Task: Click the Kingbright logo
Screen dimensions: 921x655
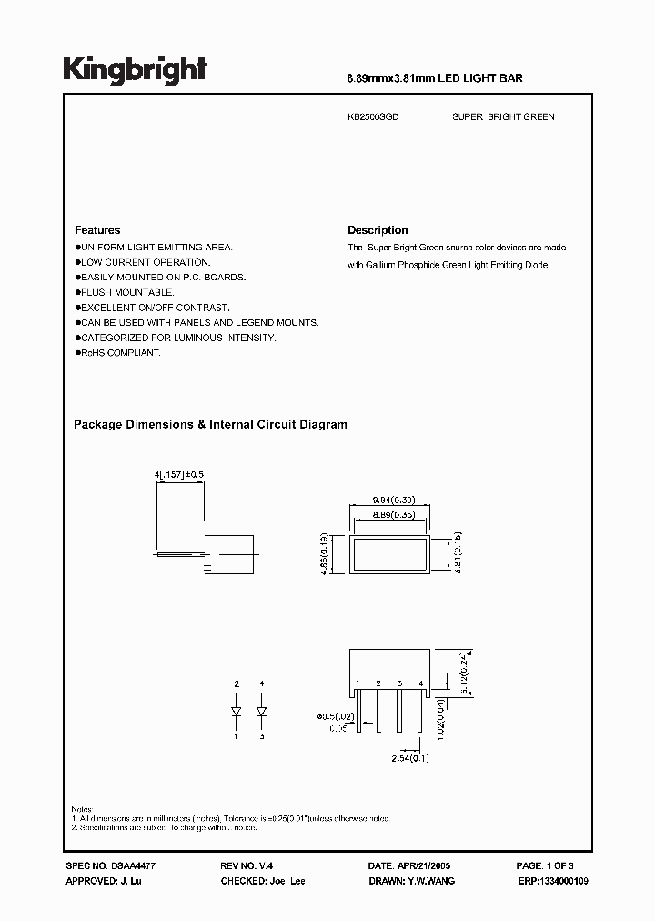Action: pos(134,69)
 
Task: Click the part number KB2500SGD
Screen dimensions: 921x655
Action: pos(374,117)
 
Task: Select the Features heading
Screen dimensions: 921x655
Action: pos(97,230)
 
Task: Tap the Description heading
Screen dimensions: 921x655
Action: pos(378,230)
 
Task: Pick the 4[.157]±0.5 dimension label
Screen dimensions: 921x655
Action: pos(182,475)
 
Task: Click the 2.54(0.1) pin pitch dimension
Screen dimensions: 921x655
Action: pos(411,758)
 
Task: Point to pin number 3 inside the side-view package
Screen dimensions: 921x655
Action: pos(399,683)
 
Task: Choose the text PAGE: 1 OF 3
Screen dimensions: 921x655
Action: pos(545,866)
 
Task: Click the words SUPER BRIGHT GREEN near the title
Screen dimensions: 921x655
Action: pos(503,117)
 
